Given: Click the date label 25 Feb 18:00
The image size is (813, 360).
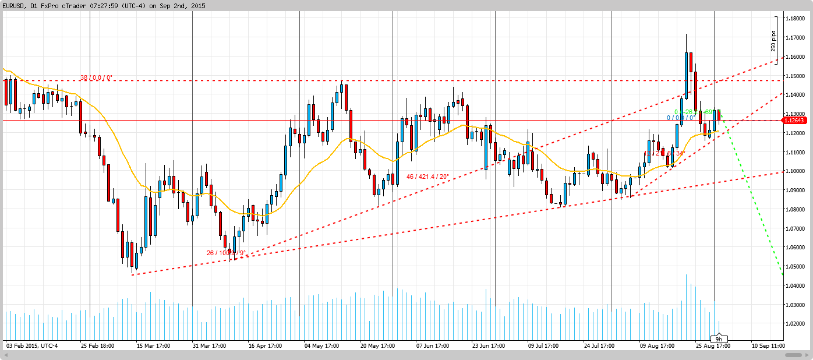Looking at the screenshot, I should pyautogui.click(x=98, y=345).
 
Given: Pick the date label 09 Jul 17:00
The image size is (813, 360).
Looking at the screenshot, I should pyautogui.click(x=543, y=345).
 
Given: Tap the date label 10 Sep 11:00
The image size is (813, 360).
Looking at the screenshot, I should pyautogui.click(x=768, y=345).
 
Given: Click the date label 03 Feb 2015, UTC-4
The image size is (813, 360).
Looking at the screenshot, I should pyautogui.click(x=32, y=345).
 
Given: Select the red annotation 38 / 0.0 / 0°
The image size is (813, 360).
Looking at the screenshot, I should pyautogui.click(x=96, y=77).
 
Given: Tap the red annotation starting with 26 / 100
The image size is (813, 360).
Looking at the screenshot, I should pyautogui.click(x=226, y=253).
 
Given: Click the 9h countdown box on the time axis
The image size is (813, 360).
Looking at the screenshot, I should pyautogui.click(x=719, y=339).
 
